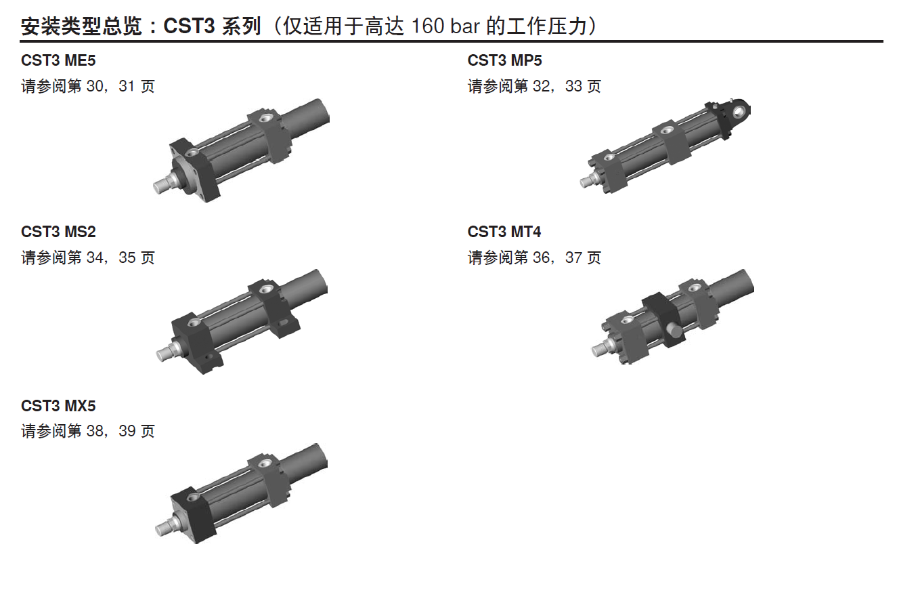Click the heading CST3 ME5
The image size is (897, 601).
[58, 60]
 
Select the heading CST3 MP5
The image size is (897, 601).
[504, 60]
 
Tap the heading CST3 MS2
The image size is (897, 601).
[58, 232]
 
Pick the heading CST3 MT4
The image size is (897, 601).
[504, 232]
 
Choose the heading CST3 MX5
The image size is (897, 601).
[58, 406]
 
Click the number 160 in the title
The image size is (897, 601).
[428, 26]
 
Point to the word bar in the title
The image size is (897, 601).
[465, 26]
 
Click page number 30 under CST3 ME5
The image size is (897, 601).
[95, 86]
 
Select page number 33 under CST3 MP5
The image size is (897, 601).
[573, 86]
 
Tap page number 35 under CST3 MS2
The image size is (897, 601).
[127, 257]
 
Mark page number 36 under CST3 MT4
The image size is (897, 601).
[542, 257]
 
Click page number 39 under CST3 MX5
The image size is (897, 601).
[127, 431]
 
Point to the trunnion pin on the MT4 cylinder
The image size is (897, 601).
[674, 332]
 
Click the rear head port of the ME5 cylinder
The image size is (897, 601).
[265, 118]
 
